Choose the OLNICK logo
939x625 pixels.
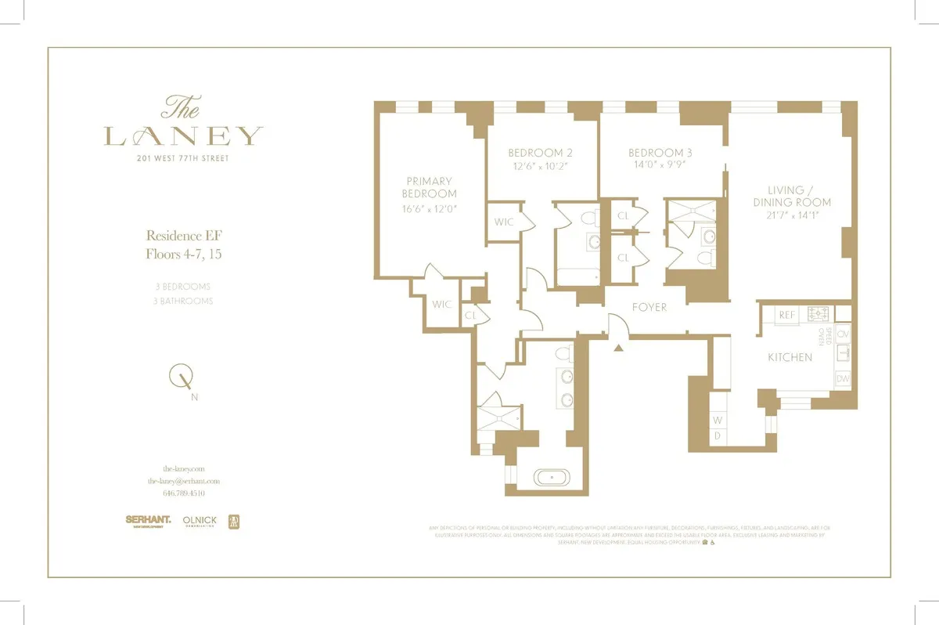(199, 520)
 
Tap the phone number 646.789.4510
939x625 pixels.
(183, 493)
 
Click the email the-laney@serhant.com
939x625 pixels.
(183, 481)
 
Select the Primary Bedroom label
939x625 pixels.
(430, 187)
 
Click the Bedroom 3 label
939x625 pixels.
(660, 153)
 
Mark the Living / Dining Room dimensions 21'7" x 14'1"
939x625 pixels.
(798, 215)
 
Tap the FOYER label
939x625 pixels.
(649, 307)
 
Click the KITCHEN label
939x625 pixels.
(790, 357)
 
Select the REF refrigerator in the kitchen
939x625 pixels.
(786, 314)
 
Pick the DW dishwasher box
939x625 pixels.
(843, 379)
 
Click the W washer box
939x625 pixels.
(717, 420)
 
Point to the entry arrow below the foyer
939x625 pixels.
(619, 347)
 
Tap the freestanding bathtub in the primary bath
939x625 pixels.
(554, 476)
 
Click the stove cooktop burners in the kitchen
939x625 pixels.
(818, 313)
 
